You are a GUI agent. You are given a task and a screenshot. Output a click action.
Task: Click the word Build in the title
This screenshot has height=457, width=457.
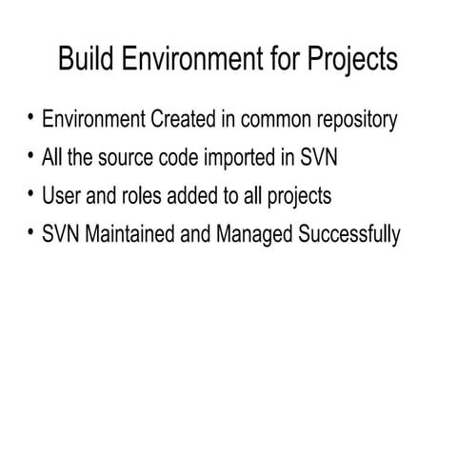(x=83, y=59)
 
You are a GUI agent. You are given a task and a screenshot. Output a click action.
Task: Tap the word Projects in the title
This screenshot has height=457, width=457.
(x=352, y=59)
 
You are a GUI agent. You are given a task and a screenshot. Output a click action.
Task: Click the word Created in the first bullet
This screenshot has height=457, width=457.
(x=181, y=121)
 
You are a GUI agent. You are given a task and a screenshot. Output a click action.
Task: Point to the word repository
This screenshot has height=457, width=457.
(x=349, y=121)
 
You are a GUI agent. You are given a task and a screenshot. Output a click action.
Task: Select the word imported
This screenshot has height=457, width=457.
(x=245, y=158)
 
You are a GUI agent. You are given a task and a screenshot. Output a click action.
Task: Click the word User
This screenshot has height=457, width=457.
(x=62, y=196)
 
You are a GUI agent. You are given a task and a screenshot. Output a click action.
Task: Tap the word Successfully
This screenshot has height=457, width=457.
(x=352, y=234)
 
